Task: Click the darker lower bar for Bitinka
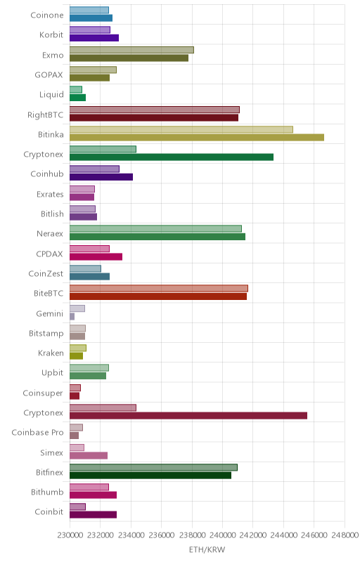pos(197,137)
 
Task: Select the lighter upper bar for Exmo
pos(131,50)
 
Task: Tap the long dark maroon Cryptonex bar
pos(188,415)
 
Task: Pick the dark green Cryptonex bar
pos(172,157)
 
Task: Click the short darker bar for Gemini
pos(72,317)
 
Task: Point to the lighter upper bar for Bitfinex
pos(153,467)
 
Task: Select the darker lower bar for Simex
pos(89,455)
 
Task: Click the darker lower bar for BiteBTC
pos(158,296)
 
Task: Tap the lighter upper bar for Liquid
pos(76,90)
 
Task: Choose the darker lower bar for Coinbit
pos(94,515)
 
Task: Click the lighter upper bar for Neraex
pos(155,229)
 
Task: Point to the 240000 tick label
pos(222,535)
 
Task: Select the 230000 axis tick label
pos(69,535)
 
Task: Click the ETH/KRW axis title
pos(207,549)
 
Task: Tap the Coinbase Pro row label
pos(37,432)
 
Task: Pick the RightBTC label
pos(45,115)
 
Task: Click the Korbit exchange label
pos(51,34)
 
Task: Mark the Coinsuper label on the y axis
pos(43,393)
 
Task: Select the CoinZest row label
pos(46,273)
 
